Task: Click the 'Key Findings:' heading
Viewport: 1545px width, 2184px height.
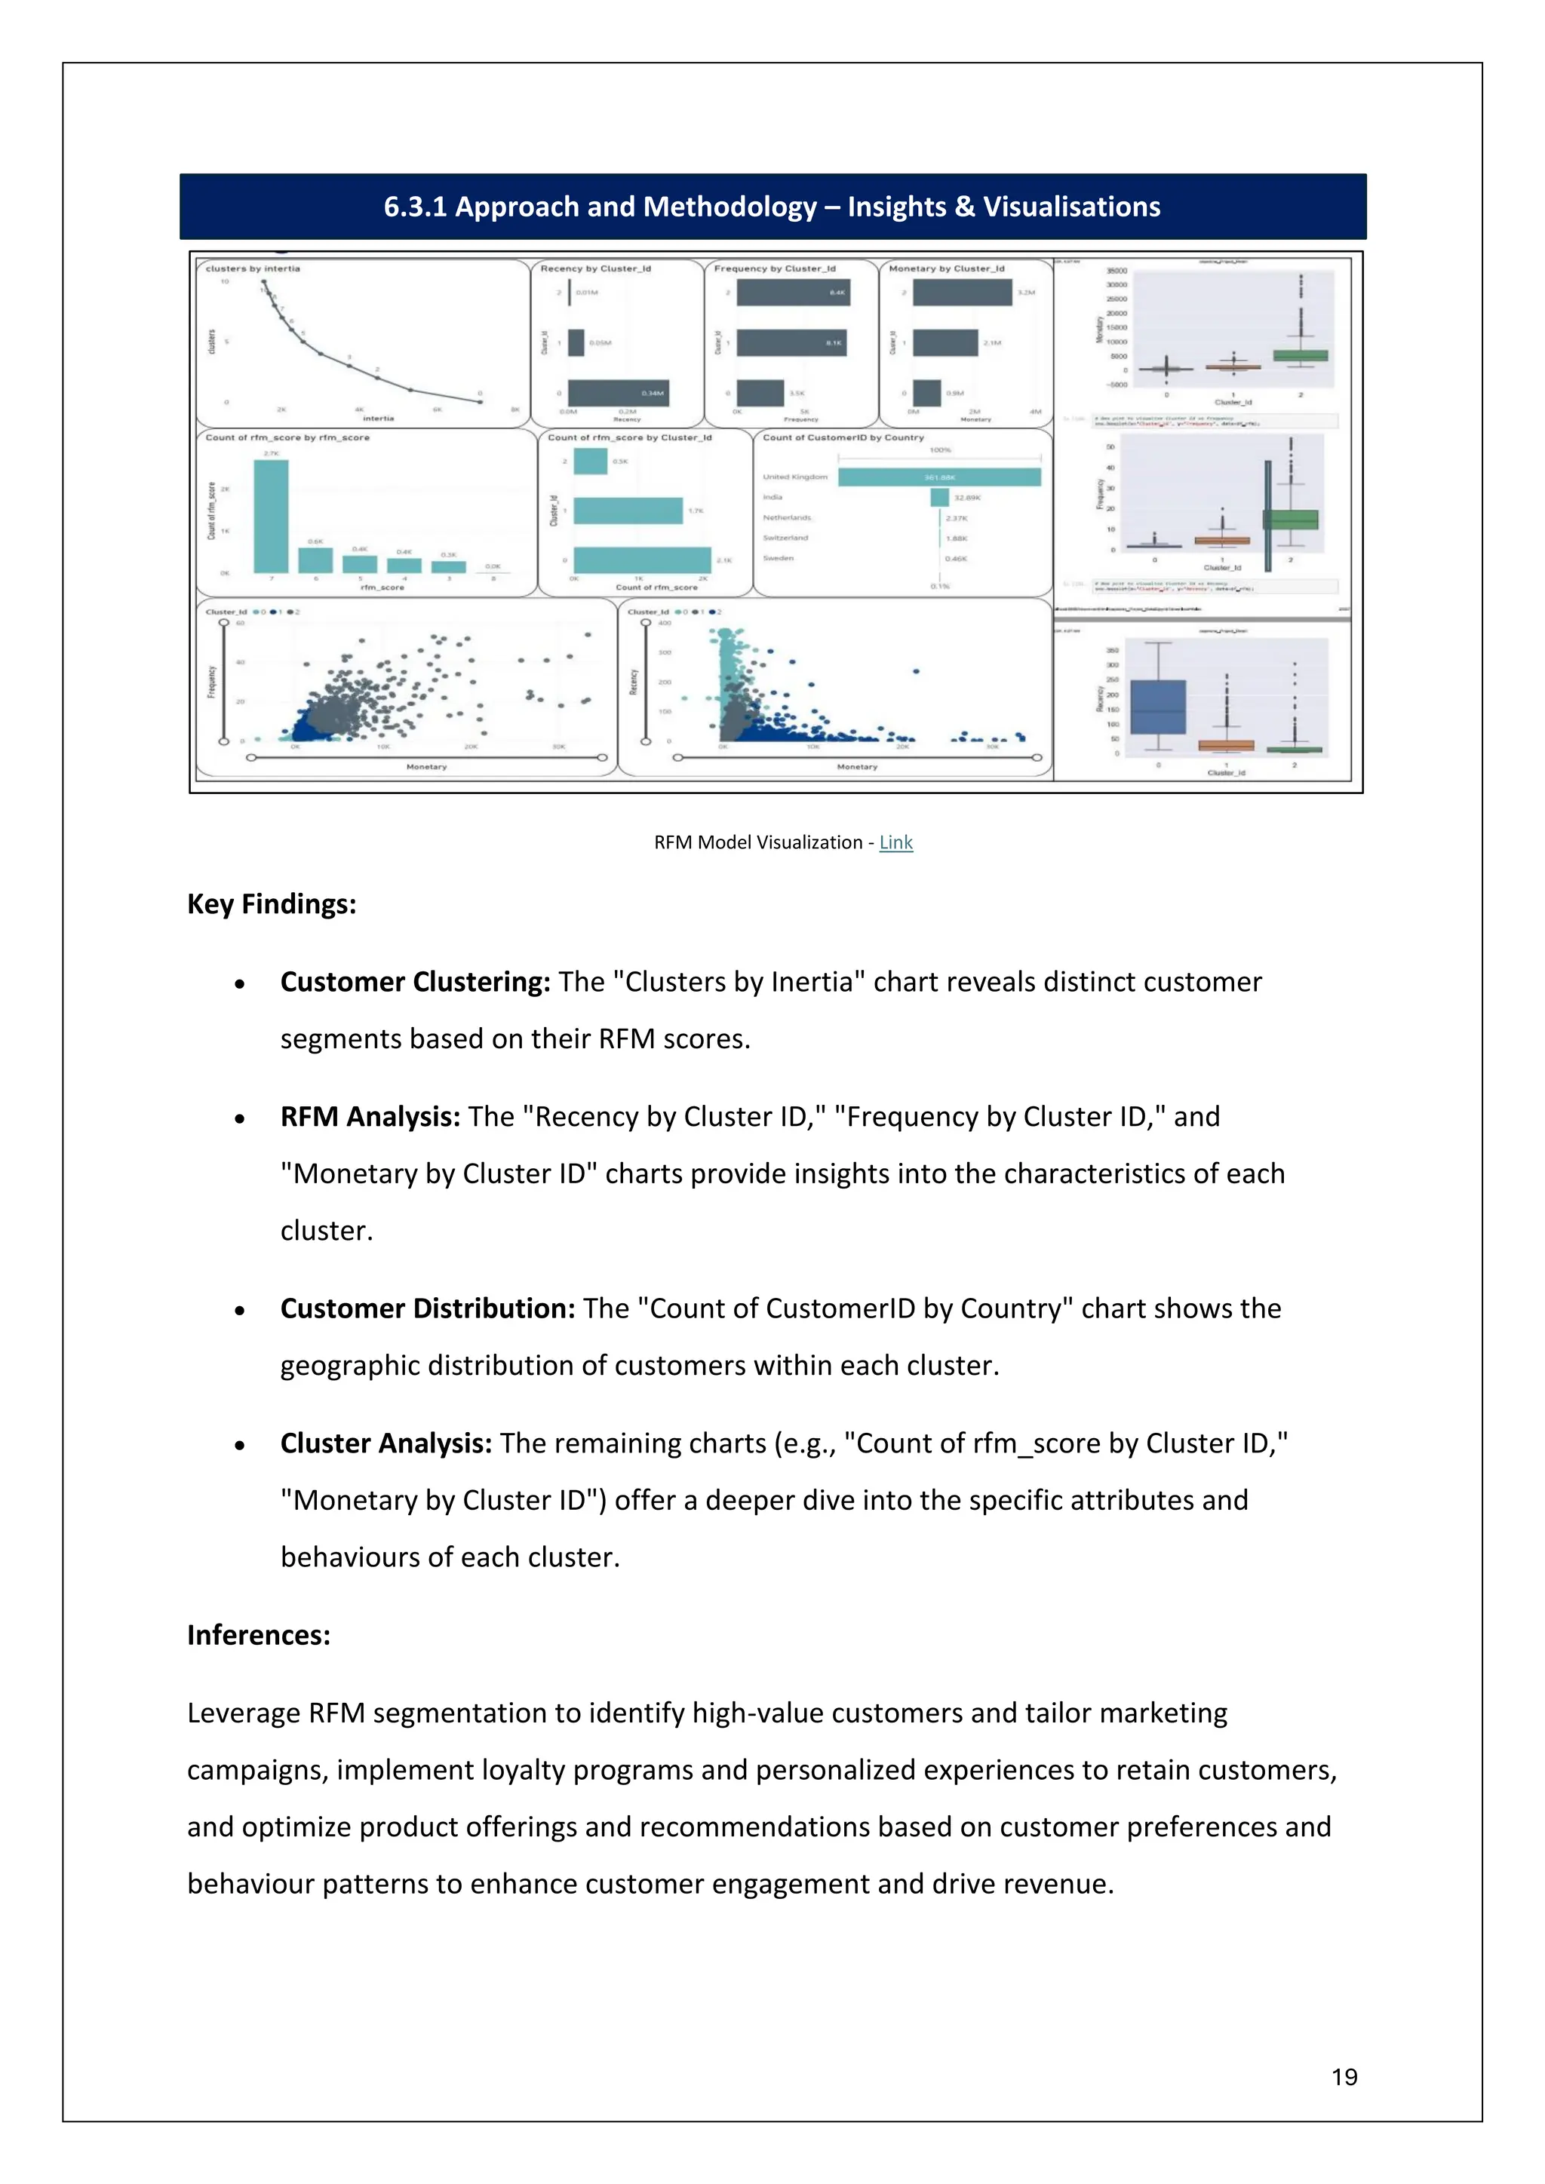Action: pyautogui.click(x=271, y=903)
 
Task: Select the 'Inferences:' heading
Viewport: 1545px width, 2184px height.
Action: pyautogui.click(x=259, y=1635)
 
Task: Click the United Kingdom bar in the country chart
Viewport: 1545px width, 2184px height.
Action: pyautogui.click(x=939, y=477)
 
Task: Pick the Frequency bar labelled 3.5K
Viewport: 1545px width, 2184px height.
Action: pyautogui.click(x=760, y=393)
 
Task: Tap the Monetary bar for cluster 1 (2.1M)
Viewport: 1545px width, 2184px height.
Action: pyautogui.click(x=945, y=343)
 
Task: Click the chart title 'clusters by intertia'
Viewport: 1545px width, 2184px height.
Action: pyautogui.click(x=253, y=268)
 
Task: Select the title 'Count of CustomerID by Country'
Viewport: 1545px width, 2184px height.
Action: pyautogui.click(x=843, y=437)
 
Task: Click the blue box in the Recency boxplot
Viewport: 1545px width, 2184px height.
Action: pyautogui.click(x=1158, y=707)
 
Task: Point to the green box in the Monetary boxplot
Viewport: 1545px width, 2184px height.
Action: pyautogui.click(x=1301, y=356)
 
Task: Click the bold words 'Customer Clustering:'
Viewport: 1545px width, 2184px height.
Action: pyautogui.click(x=415, y=982)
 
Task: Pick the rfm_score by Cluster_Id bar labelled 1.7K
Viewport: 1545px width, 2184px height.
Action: pyautogui.click(x=628, y=511)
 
